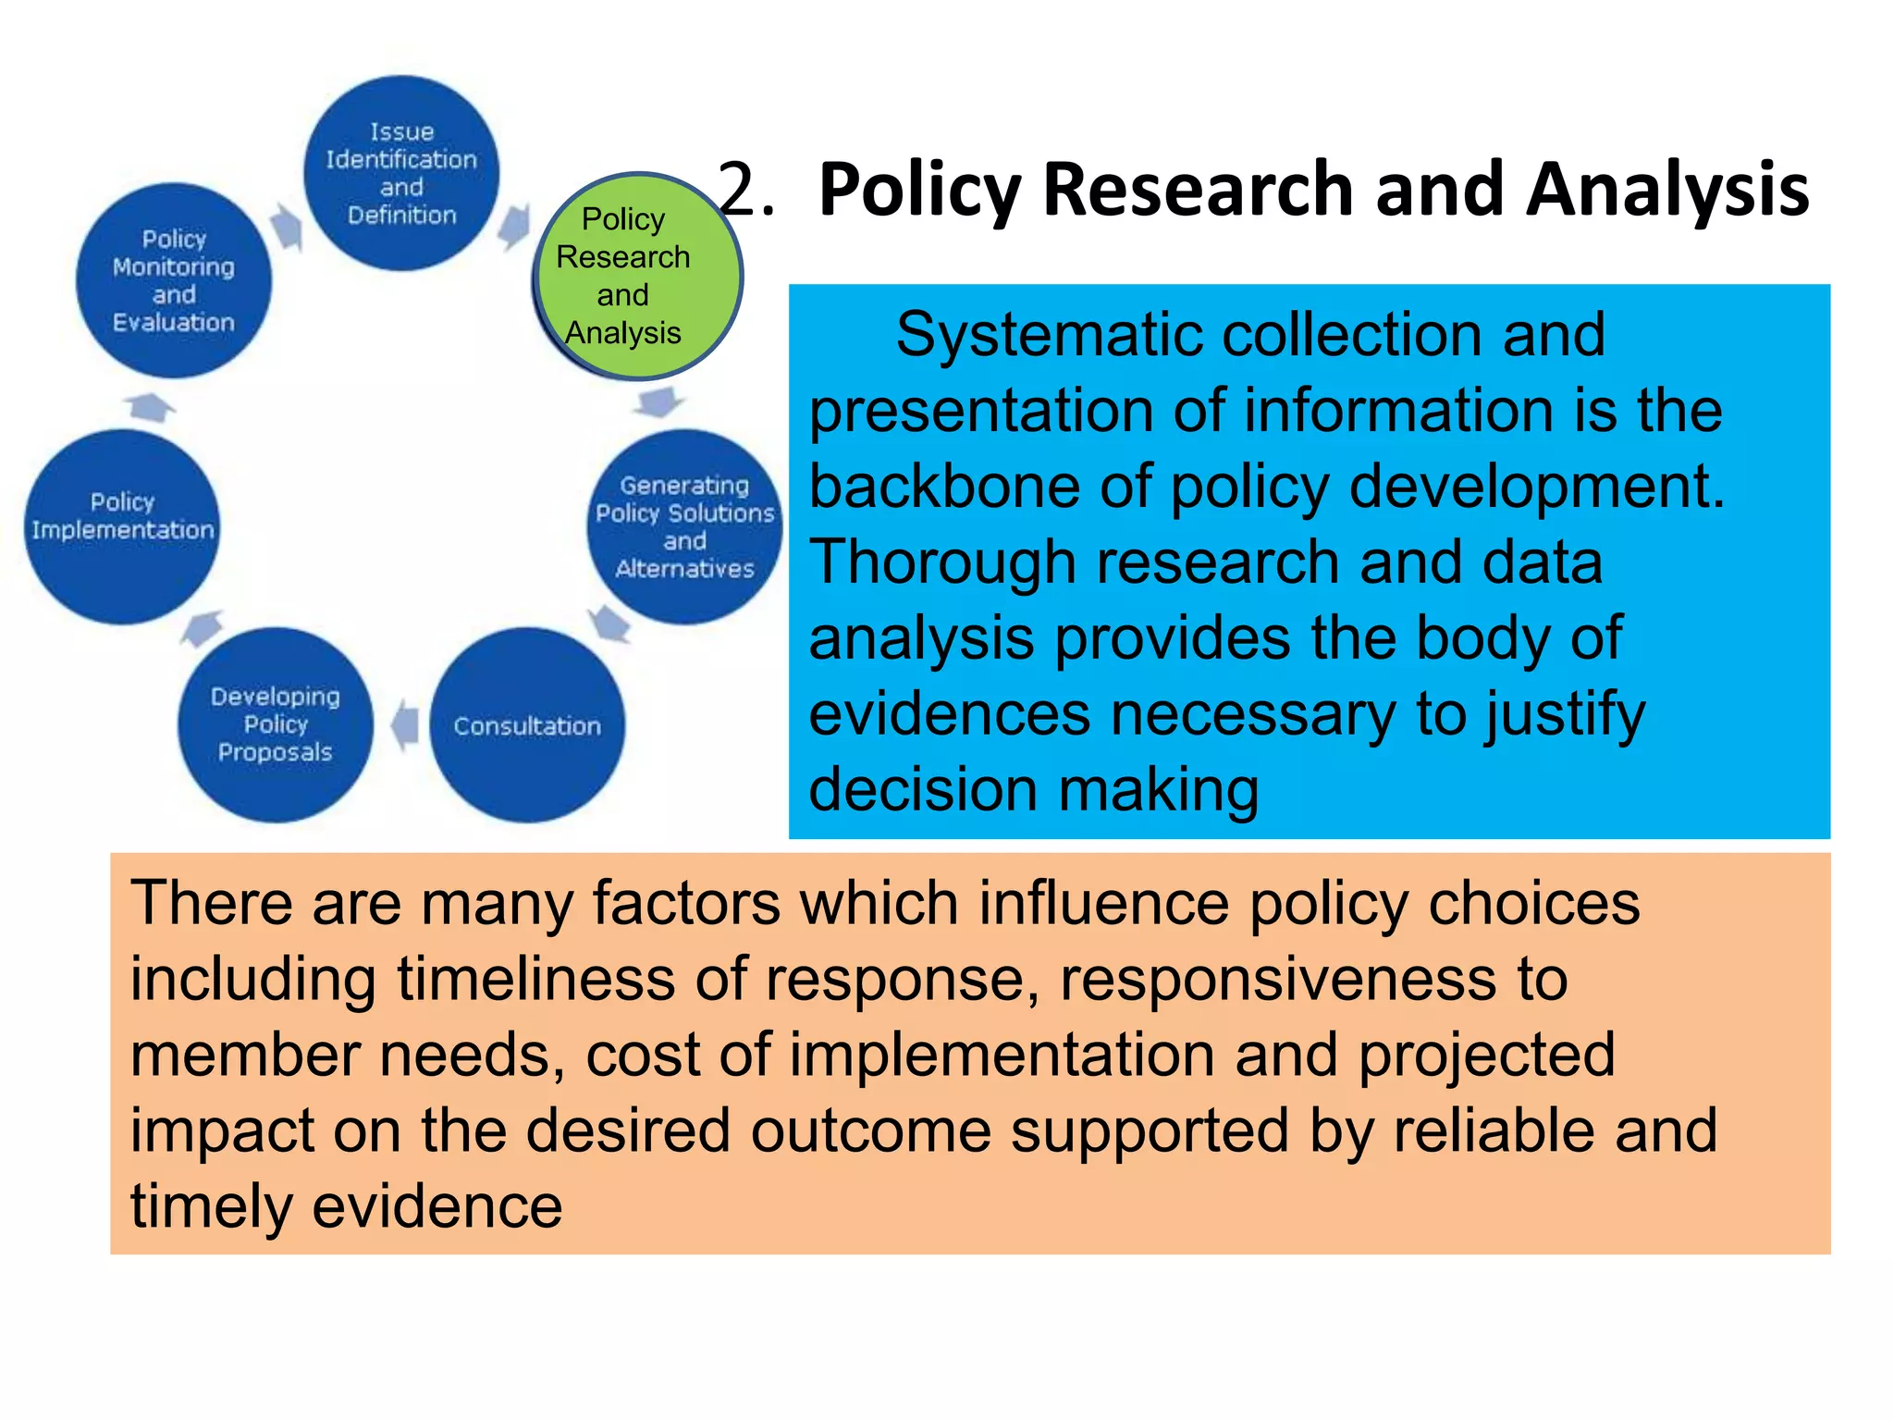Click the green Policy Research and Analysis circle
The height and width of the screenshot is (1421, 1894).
point(638,276)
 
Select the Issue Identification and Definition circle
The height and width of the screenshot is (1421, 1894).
point(401,173)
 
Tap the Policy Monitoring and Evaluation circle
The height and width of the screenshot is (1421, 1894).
point(174,280)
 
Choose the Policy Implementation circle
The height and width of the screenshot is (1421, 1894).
point(122,526)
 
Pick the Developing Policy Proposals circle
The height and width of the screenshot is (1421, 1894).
point(276,724)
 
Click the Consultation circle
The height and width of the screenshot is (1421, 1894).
point(527,725)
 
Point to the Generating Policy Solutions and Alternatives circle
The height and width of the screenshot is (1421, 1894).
point(684,526)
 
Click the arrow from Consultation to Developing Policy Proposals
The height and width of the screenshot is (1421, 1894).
point(404,725)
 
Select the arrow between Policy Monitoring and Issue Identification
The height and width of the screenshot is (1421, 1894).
point(289,227)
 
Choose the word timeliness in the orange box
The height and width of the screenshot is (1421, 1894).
point(536,979)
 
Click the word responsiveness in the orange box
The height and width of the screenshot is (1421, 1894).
point(1276,979)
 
